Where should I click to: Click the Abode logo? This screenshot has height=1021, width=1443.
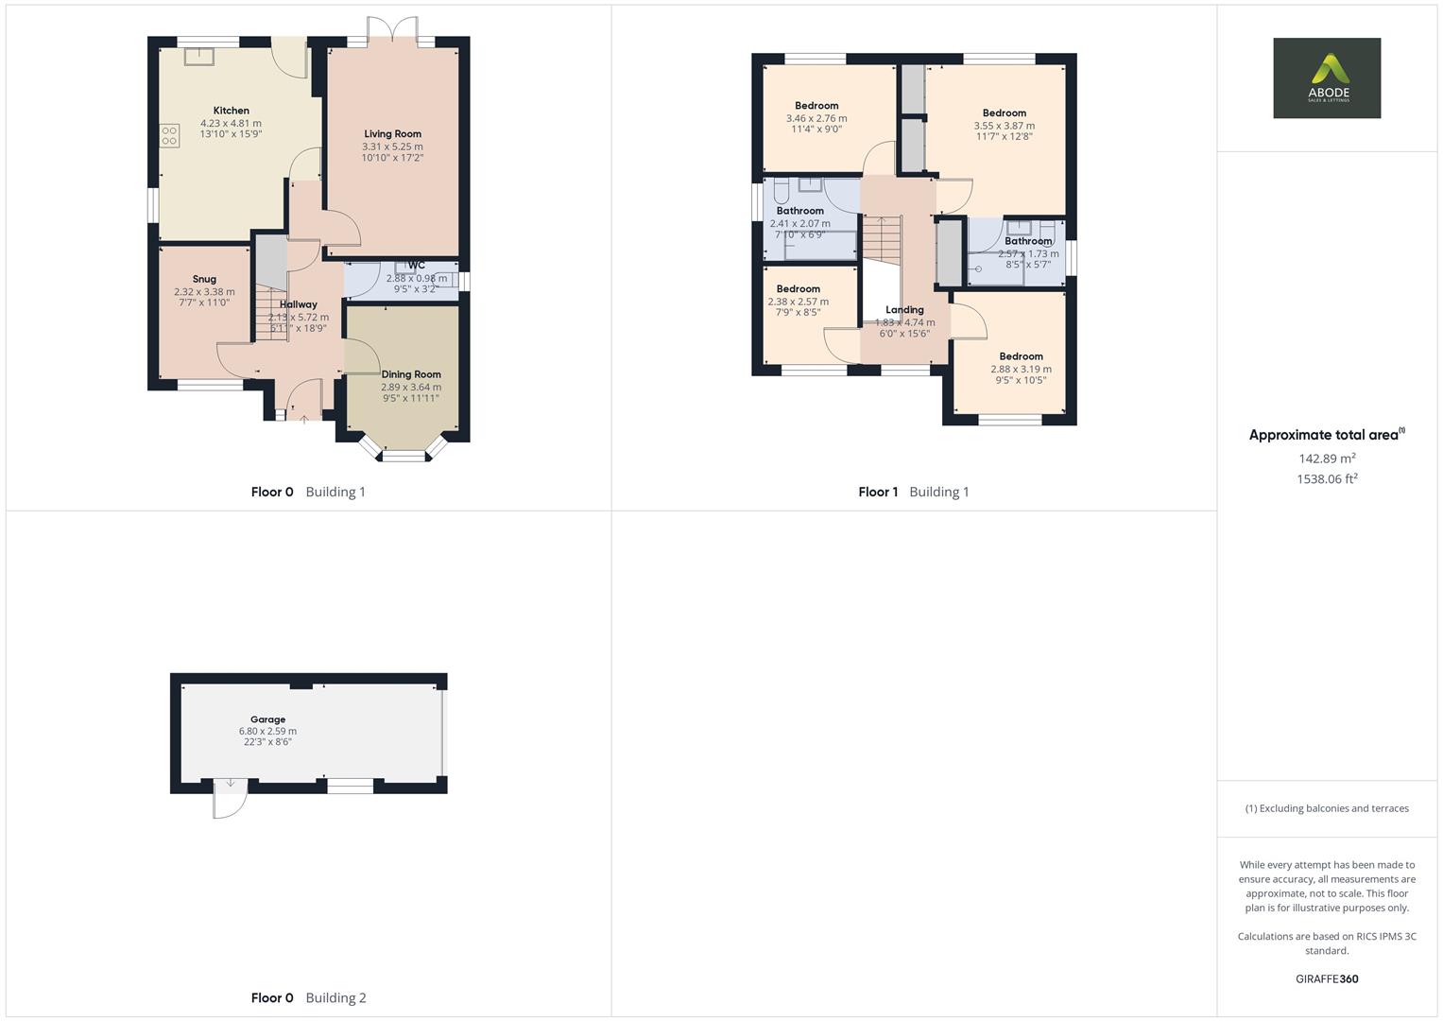[x=1326, y=78]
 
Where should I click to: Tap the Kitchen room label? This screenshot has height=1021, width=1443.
[x=231, y=111]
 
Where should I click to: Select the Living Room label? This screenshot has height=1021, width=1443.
[x=392, y=134]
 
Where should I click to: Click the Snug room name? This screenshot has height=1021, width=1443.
[x=204, y=279]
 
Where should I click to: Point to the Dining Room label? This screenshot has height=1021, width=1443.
[x=411, y=374]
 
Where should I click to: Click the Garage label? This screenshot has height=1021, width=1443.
[x=267, y=719]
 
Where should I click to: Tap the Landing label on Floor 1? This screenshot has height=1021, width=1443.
[x=904, y=310]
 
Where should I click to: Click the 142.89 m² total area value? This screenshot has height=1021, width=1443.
[x=1327, y=459]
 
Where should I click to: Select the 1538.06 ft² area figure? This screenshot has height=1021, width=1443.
[x=1327, y=479]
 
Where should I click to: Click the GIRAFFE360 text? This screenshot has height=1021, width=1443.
[x=1327, y=979]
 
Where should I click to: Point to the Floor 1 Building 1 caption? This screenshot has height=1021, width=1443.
[x=913, y=492]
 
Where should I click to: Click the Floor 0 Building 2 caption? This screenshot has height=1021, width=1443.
[x=308, y=997]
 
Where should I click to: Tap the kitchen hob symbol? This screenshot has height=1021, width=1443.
[x=170, y=136]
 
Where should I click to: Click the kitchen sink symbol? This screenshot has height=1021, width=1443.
[x=199, y=57]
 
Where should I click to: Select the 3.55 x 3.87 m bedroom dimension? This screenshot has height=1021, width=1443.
[x=1004, y=126]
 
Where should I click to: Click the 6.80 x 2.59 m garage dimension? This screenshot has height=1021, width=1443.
[x=267, y=732]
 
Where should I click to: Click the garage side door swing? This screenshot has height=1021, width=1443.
[x=229, y=799]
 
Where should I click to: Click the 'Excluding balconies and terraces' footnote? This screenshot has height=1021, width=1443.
[x=1327, y=808]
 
